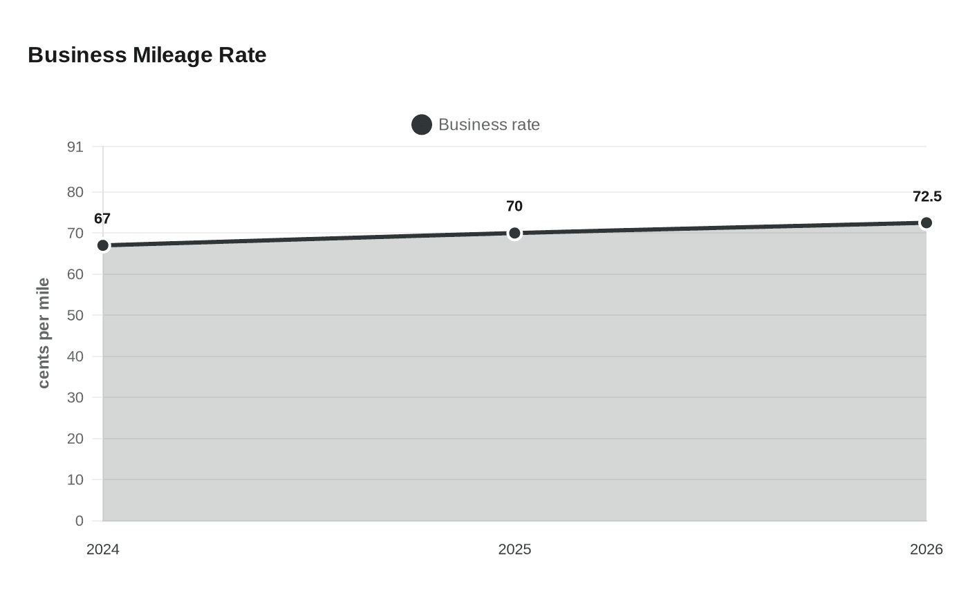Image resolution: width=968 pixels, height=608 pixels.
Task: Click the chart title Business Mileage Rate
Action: point(147,55)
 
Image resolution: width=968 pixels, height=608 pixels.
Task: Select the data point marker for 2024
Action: point(103,245)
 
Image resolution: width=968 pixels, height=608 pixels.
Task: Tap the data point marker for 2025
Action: point(514,233)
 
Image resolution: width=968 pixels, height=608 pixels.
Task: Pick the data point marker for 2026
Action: point(927,222)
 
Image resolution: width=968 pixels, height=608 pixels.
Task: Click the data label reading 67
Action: point(102,219)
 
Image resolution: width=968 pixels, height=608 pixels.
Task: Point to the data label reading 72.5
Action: point(927,197)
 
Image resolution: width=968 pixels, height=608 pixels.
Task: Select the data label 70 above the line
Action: point(514,207)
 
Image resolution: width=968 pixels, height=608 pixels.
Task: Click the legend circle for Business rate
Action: point(422,124)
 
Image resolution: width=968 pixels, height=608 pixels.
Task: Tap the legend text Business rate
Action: point(489,124)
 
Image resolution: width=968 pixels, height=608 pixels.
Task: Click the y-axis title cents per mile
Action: point(44,333)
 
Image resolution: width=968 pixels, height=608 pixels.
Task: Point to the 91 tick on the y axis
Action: point(75,147)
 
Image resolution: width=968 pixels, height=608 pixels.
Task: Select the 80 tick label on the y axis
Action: point(75,192)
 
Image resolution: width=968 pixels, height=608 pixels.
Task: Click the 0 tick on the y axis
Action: point(79,521)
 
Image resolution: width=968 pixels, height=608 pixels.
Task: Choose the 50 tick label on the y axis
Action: point(75,316)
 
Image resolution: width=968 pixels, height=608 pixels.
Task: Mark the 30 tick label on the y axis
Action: point(75,398)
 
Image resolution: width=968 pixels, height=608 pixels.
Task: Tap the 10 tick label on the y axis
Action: point(75,479)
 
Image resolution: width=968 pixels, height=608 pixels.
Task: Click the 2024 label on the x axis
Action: point(103,549)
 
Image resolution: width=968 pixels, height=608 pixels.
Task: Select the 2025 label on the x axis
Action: point(514,549)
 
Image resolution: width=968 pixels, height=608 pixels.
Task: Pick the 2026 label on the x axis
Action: point(926,549)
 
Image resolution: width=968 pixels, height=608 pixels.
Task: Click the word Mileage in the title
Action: point(173,55)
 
